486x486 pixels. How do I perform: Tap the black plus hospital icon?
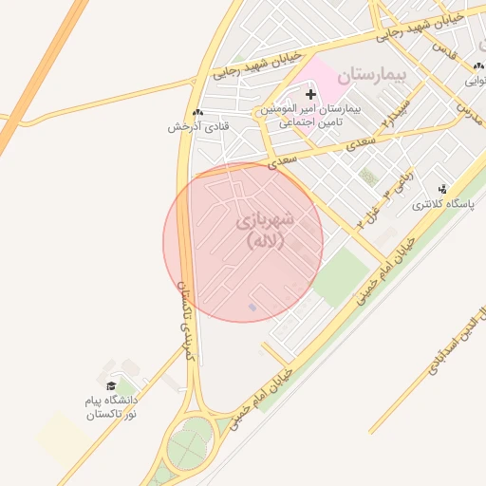310,93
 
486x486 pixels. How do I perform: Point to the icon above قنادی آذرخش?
197,112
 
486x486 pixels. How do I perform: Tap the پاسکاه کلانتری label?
438,205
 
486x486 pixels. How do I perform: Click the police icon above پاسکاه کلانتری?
441,189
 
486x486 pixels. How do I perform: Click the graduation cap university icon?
111,386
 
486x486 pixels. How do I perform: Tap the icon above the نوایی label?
472,66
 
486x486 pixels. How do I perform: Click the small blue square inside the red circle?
252,307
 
